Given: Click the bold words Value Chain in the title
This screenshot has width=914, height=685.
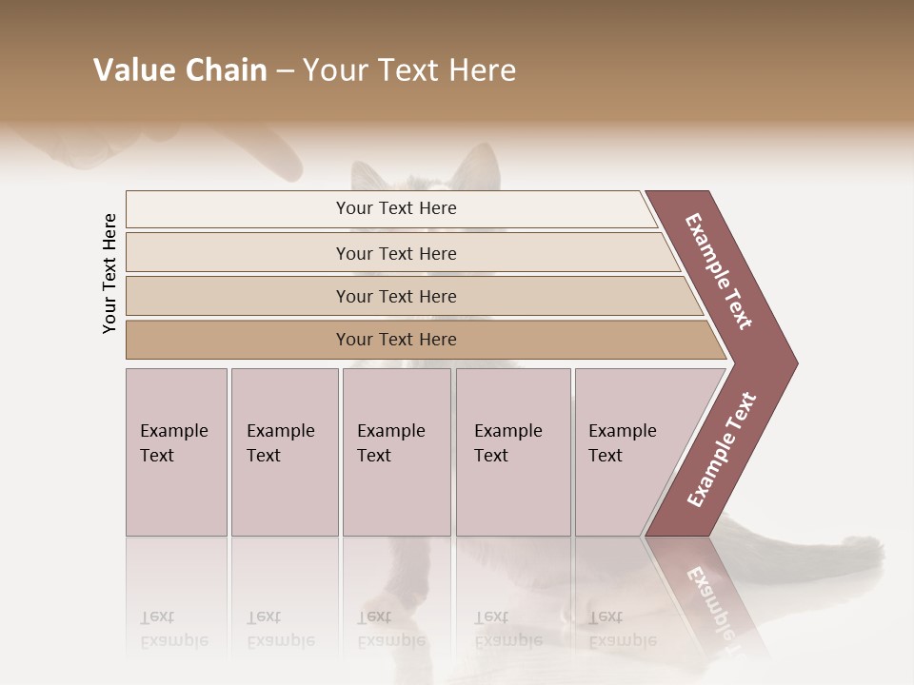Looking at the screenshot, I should pos(180,70).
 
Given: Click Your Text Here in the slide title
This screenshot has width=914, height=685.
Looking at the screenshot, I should pos(409,70).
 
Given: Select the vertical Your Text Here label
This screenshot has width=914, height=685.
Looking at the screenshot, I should pos(109,273).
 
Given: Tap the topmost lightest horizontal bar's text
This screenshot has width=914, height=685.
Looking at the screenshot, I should pos(396,208).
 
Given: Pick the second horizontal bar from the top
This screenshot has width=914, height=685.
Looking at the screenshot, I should pos(396,253).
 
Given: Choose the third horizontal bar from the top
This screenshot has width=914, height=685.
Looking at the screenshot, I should pos(396,297).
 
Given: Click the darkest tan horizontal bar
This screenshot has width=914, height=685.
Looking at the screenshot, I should pos(396,340).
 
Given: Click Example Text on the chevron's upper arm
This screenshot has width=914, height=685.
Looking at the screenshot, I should pos(719,271).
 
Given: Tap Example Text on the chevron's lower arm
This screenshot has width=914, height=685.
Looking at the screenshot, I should pos(722,450).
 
